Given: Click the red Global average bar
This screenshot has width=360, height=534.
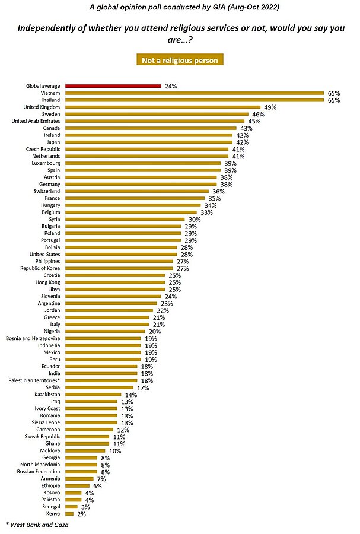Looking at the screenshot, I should pos(113,86).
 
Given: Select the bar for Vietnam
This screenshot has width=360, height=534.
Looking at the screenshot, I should pos(195,93).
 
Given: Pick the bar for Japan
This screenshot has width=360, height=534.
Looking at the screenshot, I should pos(148,142).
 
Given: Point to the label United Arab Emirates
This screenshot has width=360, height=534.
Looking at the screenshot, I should pos(36,121).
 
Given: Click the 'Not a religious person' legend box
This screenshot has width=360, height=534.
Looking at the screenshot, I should pos(180,60).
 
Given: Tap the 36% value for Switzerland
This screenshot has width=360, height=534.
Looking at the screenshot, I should pos(218,191).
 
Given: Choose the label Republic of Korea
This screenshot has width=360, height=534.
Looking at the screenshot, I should pos(39,268).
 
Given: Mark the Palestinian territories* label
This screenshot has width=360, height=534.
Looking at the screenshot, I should pos(33,380).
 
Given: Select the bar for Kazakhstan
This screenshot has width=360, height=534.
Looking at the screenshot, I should pos(93,394).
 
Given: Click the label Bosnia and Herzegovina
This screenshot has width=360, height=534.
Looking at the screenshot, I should pos(32,338).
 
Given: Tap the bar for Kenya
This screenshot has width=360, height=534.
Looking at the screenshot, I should pos(69,513).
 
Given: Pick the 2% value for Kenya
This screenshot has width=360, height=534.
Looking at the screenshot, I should pos(81,513).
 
